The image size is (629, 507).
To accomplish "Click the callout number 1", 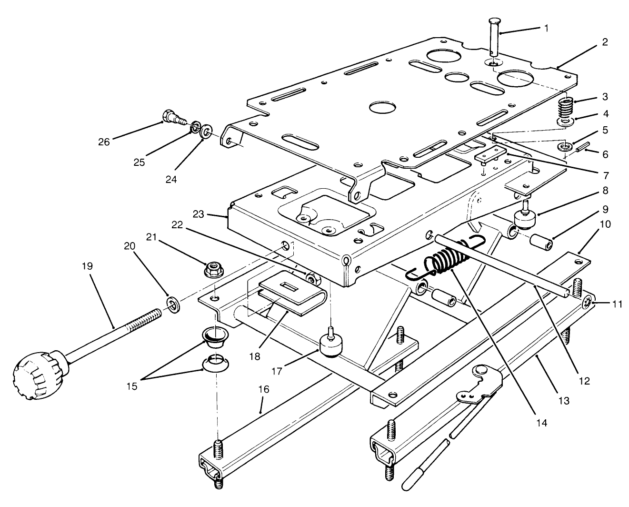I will [546, 29].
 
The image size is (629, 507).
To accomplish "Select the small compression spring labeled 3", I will [565, 110].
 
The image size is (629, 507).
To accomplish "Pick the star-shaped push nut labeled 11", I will [589, 303].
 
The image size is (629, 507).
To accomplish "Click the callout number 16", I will [263, 389].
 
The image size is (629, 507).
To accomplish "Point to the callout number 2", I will [604, 42].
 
